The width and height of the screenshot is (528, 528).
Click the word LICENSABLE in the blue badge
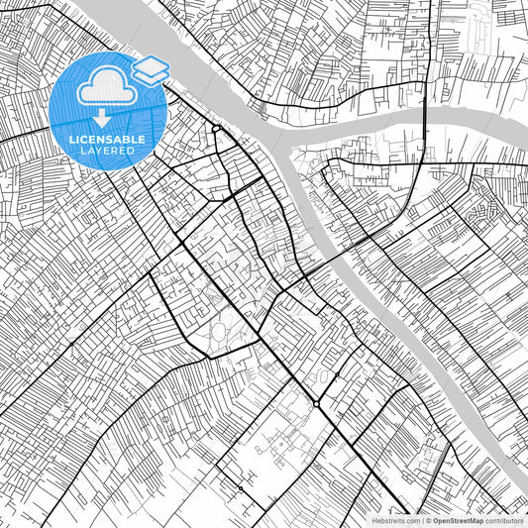[x=107, y=140]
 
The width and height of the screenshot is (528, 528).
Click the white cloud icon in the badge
[x=107, y=89]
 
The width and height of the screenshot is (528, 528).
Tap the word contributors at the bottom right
[x=505, y=520]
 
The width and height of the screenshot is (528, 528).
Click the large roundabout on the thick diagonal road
[x=316, y=404]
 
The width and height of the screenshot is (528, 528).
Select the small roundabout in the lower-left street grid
[x=240, y=488]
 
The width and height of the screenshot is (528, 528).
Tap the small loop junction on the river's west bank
[x=215, y=129]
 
